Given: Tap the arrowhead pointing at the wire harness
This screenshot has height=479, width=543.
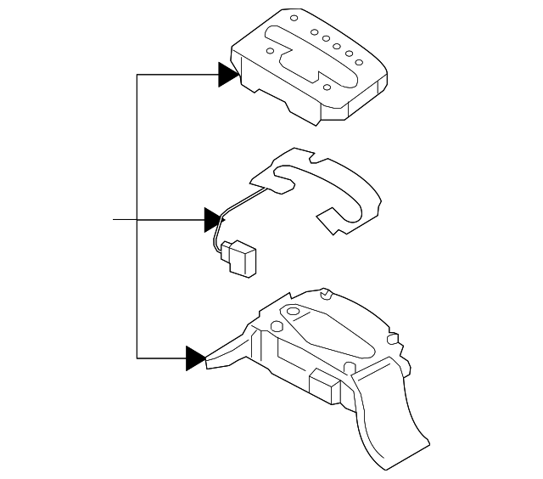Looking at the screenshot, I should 212,220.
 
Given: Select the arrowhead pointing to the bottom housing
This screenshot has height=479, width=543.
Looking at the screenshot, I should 195,358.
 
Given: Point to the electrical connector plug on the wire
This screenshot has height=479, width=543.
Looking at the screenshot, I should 240,256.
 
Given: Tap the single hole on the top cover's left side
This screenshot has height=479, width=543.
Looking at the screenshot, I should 271,51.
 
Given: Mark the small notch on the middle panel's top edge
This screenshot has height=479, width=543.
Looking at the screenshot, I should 312,159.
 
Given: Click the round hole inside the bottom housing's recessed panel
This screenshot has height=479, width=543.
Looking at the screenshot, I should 293,313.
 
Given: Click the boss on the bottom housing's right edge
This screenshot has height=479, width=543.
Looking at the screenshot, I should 392,339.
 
